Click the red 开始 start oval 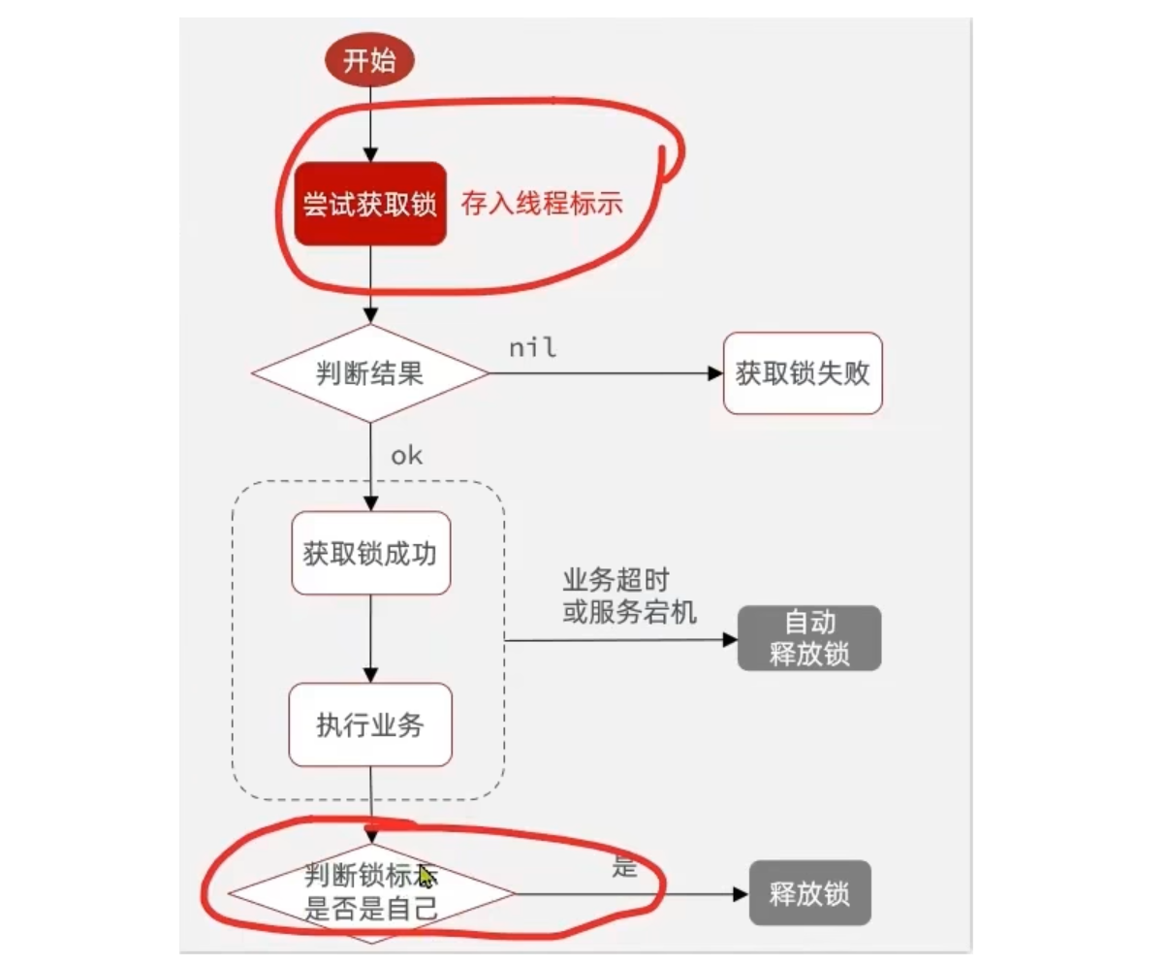369,61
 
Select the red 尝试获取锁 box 370,204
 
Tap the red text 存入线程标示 541,204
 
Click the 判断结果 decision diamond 370,373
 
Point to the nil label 532,347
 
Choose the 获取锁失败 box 803,373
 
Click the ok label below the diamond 406,455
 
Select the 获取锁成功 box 370,553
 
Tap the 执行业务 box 370,724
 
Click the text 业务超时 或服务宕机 628,595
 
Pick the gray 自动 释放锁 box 809,638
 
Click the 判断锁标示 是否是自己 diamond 370,893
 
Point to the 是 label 624,866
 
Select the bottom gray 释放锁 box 809,893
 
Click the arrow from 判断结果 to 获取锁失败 601,373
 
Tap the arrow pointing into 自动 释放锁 620,640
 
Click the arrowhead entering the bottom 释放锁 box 741,893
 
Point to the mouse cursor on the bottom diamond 427,877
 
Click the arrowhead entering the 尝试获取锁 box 370,154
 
